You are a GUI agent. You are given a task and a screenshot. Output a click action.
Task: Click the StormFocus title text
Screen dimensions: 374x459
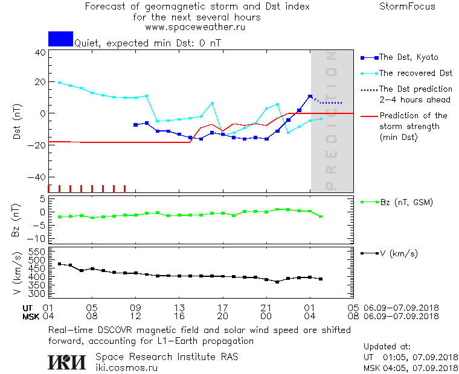click(407, 7)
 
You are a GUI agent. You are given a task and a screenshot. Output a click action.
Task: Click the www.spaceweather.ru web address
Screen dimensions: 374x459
click(195, 27)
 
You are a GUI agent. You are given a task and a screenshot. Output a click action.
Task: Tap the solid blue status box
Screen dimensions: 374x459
click(60, 39)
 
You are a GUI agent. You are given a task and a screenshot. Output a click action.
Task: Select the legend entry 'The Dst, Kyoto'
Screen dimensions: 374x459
click(408, 57)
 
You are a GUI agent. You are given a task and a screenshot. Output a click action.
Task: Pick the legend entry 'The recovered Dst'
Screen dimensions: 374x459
click(416, 73)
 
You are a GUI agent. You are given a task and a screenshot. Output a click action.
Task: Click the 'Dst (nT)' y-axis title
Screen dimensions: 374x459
click(18, 122)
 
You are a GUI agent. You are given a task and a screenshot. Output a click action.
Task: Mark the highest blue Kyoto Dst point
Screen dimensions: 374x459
click(310, 97)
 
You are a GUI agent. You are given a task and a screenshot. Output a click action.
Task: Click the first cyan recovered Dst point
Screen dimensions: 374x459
click(59, 83)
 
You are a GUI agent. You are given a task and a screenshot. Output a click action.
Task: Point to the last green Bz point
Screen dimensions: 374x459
click(321, 217)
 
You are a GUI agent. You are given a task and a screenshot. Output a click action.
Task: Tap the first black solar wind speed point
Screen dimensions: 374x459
click(59, 264)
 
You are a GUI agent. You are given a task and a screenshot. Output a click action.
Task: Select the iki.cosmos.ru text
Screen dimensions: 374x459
click(127, 367)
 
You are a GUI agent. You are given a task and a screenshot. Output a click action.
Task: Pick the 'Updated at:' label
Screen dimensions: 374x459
click(387, 347)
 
